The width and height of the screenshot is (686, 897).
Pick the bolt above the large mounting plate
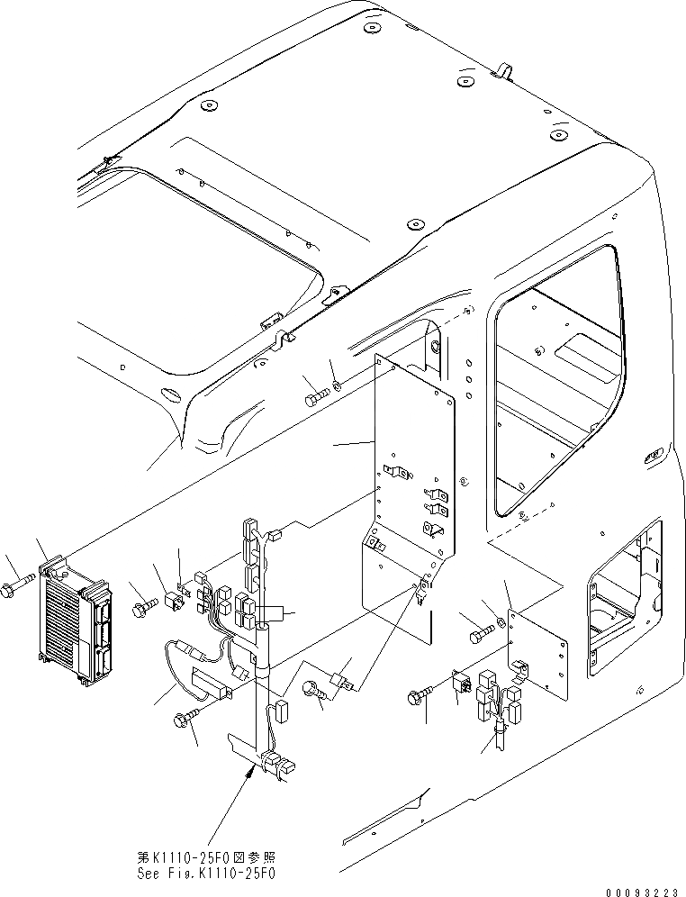coord(315,397)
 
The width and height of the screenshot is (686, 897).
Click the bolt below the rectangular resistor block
coord(185,717)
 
